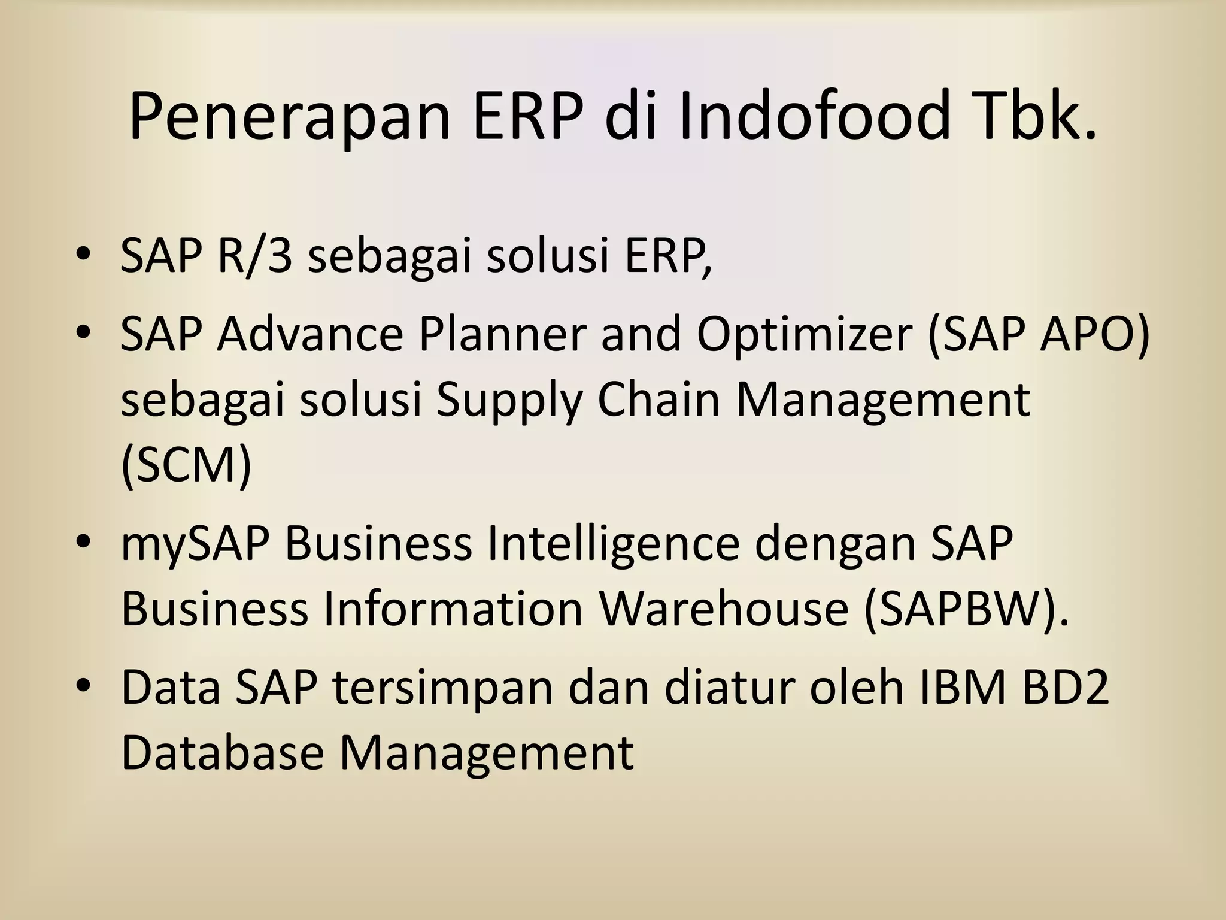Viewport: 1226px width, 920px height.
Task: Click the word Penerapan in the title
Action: pos(289,117)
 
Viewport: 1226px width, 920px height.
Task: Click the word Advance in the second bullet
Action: pos(310,334)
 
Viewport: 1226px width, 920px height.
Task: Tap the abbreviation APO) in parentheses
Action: pos(1095,334)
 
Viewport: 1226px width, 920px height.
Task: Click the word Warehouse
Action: pos(724,609)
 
